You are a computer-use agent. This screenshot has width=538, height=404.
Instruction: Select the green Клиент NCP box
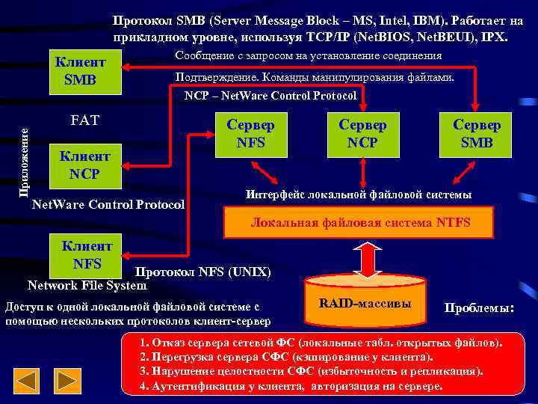(x=84, y=165)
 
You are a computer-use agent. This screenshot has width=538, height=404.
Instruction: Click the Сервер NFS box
(x=250, y=134)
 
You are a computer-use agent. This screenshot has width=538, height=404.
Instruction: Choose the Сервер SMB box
(x=477, y=134)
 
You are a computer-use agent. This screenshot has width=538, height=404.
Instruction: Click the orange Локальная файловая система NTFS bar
(x=360, y=222)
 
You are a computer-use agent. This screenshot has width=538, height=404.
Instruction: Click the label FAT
(x=84, y=120)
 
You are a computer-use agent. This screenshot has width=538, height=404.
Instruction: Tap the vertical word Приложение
(x=25, y=161)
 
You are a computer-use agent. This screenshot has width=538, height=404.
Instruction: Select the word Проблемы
(x=479, y=308)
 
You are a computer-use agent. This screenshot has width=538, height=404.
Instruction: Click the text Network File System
(x=87, y=285)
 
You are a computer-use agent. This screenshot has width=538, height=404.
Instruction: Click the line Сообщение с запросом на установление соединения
(x=308, y=55)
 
